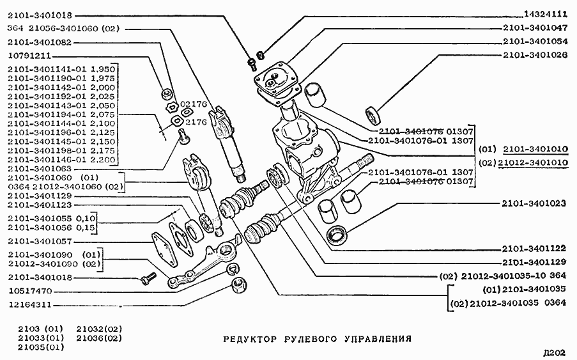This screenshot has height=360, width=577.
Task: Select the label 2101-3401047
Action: [535, 28]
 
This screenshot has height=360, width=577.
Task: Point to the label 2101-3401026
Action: [535, 56]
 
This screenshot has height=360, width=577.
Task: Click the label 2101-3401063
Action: [40, 168]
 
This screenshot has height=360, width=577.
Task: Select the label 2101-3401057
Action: [40, 242]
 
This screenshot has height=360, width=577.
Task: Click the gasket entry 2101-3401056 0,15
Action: [51, 228]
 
